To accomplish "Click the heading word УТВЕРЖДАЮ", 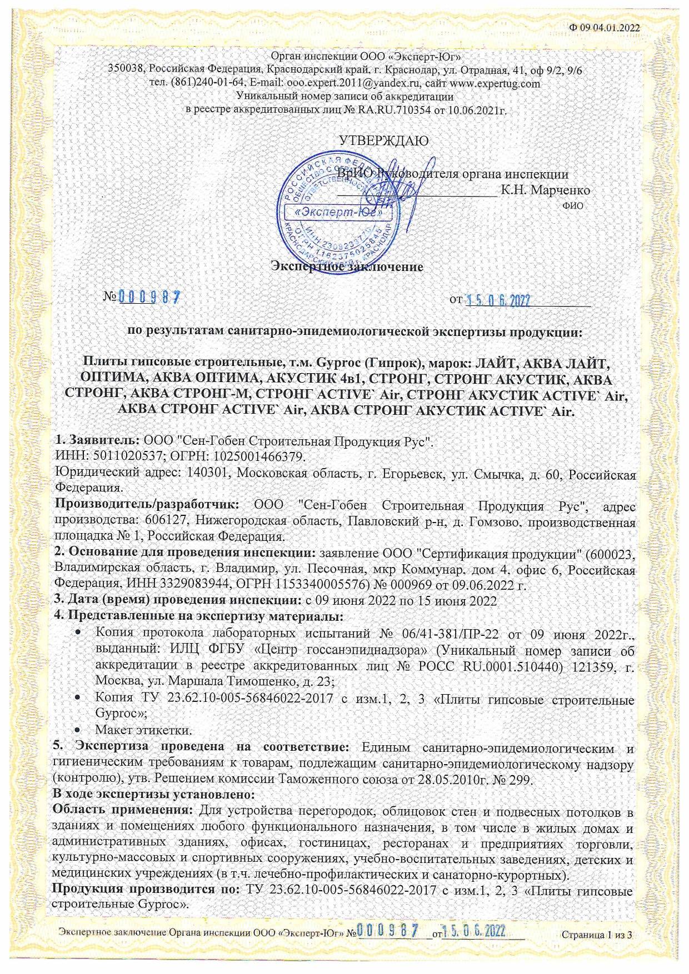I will [383, 140].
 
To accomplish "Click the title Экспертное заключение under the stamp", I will [347, 267].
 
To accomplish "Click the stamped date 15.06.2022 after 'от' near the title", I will [498, 300].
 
